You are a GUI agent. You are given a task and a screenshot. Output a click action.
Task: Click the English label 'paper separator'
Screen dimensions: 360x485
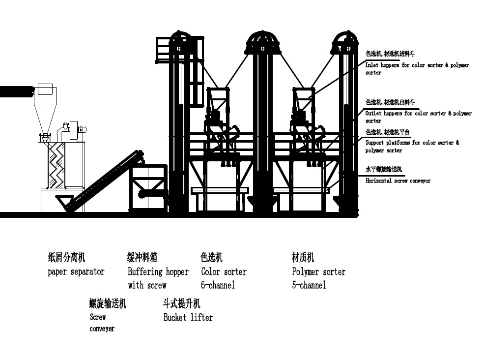tap(76, 271)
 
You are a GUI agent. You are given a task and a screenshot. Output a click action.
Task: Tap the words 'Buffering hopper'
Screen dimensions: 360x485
tap(158, 271)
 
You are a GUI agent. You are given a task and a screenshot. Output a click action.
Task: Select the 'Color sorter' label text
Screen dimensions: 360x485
tap(224, 271)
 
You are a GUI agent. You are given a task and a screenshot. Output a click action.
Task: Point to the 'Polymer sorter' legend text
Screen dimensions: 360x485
tap(318, 271)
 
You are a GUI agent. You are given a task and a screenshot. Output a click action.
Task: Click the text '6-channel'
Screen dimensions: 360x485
tap(218, 285)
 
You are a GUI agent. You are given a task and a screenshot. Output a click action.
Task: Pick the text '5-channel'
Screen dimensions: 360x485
tap(309, 285)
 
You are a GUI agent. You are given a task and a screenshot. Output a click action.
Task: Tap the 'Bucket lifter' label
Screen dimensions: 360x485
tap(188, 317)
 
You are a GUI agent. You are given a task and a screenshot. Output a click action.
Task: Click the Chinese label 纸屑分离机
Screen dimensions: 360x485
tap(66, 257)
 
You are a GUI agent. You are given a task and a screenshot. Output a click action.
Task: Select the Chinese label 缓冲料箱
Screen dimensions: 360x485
tap(143, 257)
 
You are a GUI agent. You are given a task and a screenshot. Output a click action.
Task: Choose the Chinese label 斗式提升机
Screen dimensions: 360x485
tap(182, 303)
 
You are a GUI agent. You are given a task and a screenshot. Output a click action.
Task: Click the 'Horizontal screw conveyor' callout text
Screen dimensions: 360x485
tap(398, 181)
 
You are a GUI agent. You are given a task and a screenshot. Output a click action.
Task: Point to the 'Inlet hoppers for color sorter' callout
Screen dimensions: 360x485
tap(417, 65)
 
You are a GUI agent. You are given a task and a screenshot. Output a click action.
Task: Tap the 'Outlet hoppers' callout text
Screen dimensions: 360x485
tap(418, 114)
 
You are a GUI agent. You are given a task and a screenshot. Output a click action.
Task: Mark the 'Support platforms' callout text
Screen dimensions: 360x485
tap(412, 143)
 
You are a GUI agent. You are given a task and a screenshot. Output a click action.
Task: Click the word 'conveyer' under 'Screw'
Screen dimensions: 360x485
tap(102, 329)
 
